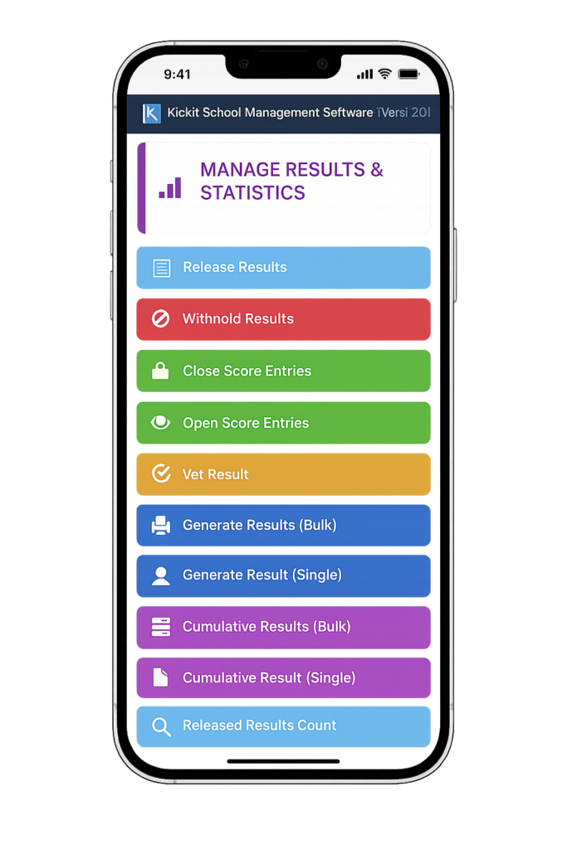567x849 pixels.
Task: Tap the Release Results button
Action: coord(282,268)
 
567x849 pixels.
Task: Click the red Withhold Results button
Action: coord(282,319)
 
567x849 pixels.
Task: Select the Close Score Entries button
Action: coord(282,371)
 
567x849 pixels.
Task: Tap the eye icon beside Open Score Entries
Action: coord(161,423)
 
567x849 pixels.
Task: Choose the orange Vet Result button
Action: coord(282,474)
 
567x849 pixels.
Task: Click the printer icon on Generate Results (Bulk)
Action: coord(161,526)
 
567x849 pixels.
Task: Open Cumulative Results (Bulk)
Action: coord(282,627)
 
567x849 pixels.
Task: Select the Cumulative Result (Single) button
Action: coord(282,678)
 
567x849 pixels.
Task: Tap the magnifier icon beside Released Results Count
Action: coord(161,726)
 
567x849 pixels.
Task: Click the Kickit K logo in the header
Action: coord(151,113)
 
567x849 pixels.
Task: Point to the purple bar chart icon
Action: coord(170,187)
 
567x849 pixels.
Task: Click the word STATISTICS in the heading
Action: coord(252,193)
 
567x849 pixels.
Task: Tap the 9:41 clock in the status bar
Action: coord(177,75)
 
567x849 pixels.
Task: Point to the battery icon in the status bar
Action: coord(408,75)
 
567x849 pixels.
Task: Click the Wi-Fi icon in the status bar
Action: coord(384,75)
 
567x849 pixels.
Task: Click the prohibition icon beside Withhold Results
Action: coord(161,319)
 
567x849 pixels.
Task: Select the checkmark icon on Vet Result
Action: coord(161,474)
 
